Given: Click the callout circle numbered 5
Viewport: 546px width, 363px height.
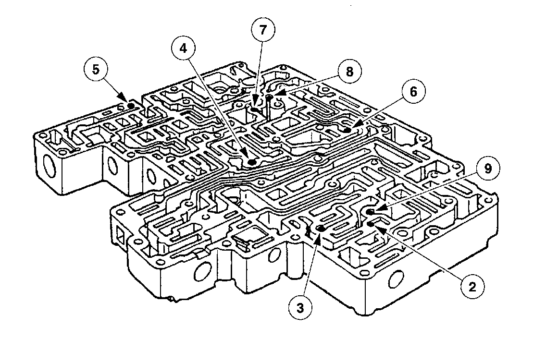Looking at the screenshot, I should pyautogui.click(x=96, y=69).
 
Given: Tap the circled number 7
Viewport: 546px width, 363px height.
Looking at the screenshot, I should pyautogui.click(x=262, y=30).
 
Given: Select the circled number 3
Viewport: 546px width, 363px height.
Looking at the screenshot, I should pyautogui.click(x=301, y=308).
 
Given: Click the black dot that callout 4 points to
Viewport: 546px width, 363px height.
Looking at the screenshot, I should pyautogui.click(x=251, y=162).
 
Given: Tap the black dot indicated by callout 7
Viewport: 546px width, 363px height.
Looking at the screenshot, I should pyautogui.click(x=255, y=110).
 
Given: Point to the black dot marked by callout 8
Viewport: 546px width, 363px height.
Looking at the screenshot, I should pyautogui.click(x=269, y=98).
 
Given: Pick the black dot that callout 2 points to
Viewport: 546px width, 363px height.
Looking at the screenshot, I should pyautogui.click(x=371, y=224).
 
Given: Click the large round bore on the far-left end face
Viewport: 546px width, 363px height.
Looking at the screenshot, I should pyautogui.click(x=48, y=169).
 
